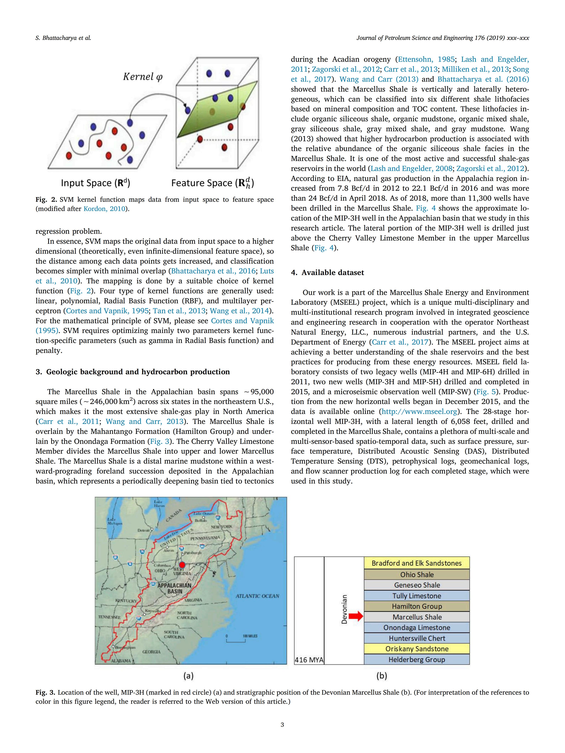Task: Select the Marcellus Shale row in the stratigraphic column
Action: [x=417, y=617]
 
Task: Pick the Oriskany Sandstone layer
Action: [x=417, y=649]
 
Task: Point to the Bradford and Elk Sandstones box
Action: [x=417, y=563]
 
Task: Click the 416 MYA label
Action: [x=309, y=660]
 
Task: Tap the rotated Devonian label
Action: [x=344, y=609]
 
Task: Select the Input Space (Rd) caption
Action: [x=95, y=183]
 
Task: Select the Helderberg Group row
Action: [x=417, y=659]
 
